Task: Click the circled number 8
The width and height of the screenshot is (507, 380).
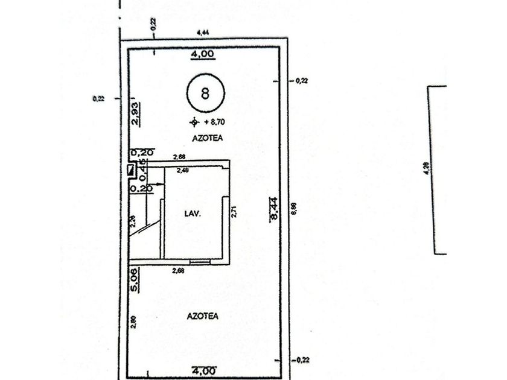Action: [x=205, y=93]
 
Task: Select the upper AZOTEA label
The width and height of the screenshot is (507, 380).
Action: [x=208, y=138]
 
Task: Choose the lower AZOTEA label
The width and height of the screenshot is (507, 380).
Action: [x=202, y=315]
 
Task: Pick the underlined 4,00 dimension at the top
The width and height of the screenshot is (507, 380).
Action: [x=202, y=54]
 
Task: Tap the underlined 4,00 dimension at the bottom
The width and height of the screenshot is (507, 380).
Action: [x=202, y=370]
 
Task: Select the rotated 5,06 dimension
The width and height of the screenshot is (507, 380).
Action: [x=136, y=279]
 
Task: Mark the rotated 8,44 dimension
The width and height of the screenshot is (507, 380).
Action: [x=273, y=211]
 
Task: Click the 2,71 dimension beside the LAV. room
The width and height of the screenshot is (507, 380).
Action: [x=234, y=212]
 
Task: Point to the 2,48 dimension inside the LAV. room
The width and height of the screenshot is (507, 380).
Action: [x=182, y=171]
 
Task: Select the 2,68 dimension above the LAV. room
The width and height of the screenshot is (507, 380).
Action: [x=179, y=157]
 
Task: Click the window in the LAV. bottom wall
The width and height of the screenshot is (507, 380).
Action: [x=199, y=261]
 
